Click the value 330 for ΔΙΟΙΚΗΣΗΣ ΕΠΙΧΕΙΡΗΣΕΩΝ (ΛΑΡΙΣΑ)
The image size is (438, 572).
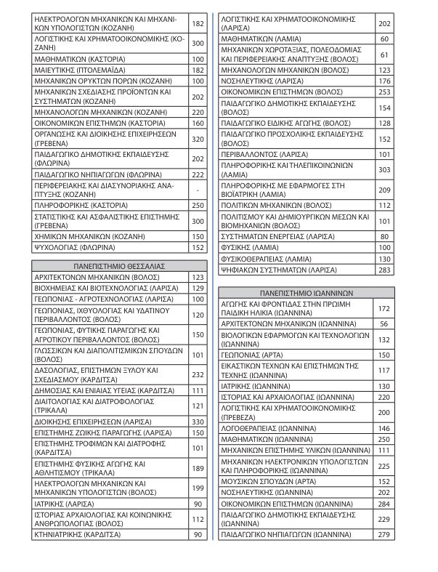(x=197, y=421)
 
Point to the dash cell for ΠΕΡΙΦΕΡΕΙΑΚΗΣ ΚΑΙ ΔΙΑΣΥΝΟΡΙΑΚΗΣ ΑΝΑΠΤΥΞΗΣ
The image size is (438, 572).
(x=197, y=190)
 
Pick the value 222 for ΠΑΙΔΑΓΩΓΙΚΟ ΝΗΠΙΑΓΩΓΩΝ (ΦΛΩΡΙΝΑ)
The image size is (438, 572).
(x=197, y=174)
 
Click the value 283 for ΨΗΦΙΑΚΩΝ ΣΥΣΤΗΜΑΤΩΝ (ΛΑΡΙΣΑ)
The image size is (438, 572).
(x=384, y=270)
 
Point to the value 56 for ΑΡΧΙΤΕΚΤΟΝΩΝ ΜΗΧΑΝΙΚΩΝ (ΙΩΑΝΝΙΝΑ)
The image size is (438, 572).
(x=384, y=323)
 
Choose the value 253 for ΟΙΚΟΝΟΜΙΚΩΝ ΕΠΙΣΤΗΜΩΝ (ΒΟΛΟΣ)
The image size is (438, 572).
(x=384, y=92)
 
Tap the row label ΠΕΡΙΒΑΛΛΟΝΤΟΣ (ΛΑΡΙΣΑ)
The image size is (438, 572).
(x=261, y=154)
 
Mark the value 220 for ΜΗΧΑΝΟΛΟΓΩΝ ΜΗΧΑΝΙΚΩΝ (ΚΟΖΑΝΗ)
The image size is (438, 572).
(x=197, y=113)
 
